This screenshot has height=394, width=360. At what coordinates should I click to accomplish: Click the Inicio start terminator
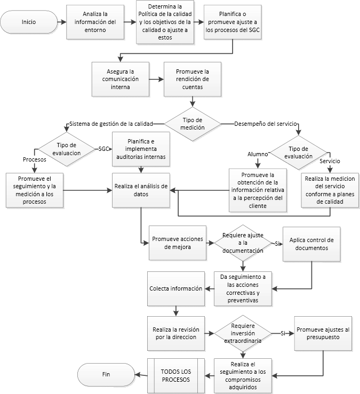pyautogui.click(x=29, y=22)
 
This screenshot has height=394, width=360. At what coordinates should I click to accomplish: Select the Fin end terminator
pyautogui.click(x=106, y=374)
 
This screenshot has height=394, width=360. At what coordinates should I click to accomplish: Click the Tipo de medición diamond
pyautogui.click(x=193, y=123)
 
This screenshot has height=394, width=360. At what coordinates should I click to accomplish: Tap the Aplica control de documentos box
pyautogui.click(x=311, y=243)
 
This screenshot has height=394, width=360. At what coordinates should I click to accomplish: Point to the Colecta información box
pyautogui.click(x=175, y=288)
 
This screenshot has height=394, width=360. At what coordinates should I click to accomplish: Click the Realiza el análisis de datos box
pyautogui.click(x=141, y=190)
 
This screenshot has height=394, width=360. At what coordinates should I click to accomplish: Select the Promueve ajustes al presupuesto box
pyautogui.click(x=323, y=333)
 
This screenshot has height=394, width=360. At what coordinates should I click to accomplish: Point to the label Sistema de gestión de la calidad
pyautogui.click(x=111, y=124)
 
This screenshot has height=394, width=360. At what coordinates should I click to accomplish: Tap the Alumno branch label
pyautogui.click(x=257, y=154)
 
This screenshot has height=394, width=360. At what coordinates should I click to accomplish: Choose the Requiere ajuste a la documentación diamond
pyautogui.click(x=243, y=243)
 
